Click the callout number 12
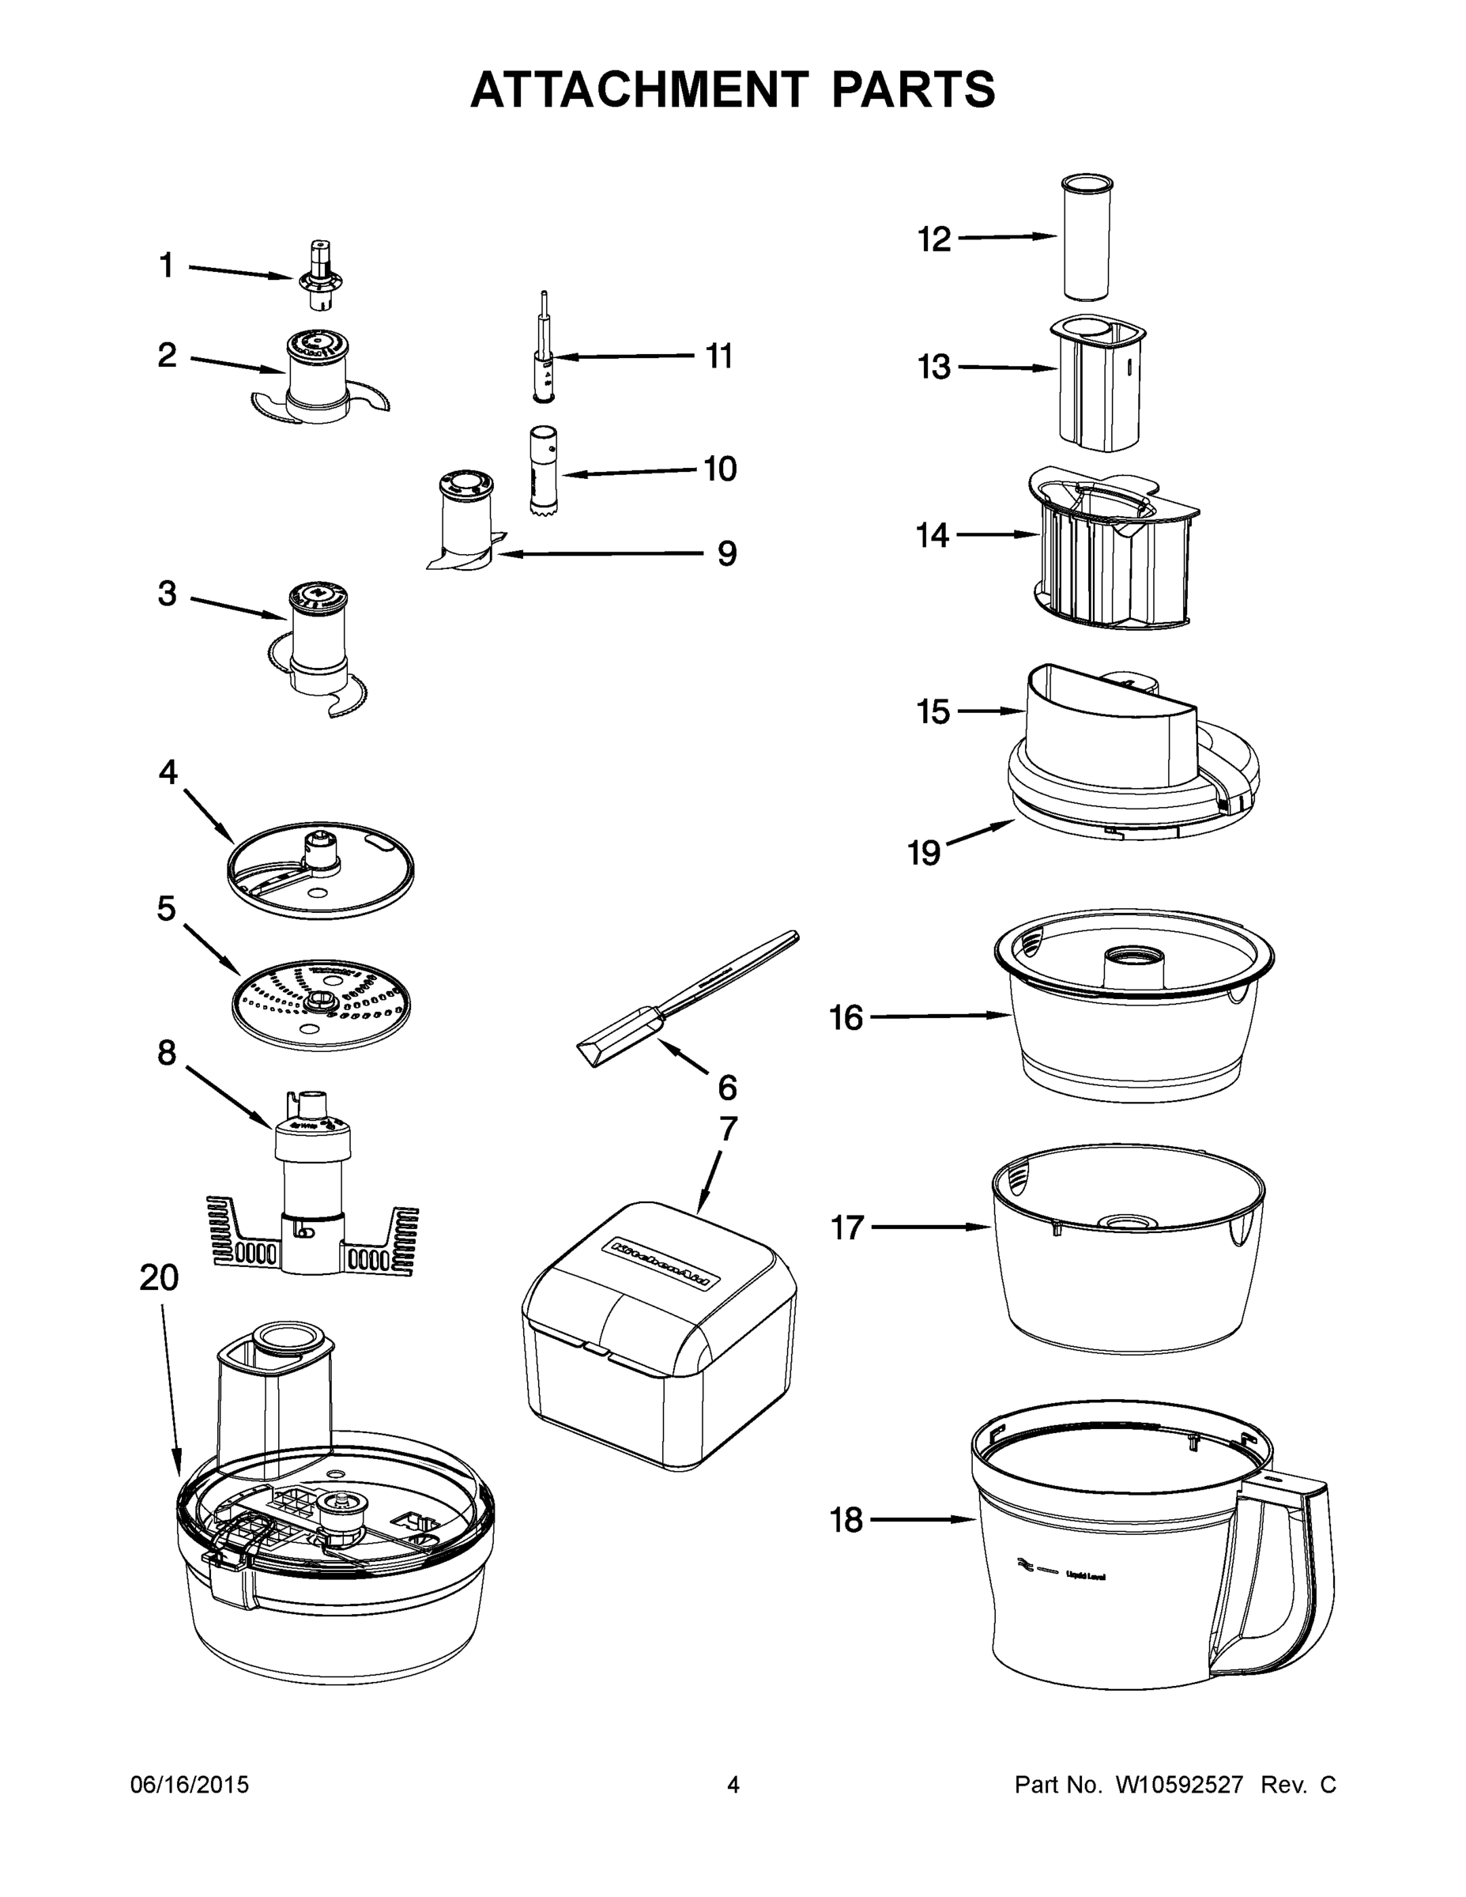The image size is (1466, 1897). tap(934, 239)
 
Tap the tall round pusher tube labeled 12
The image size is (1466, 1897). tap(1086, 239)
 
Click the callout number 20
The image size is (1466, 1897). tap(159, 1277)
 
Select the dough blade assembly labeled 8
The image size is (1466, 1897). tap(312, 1198)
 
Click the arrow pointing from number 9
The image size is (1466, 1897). tap(599, 553)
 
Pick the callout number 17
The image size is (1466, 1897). tap(848, 1228)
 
